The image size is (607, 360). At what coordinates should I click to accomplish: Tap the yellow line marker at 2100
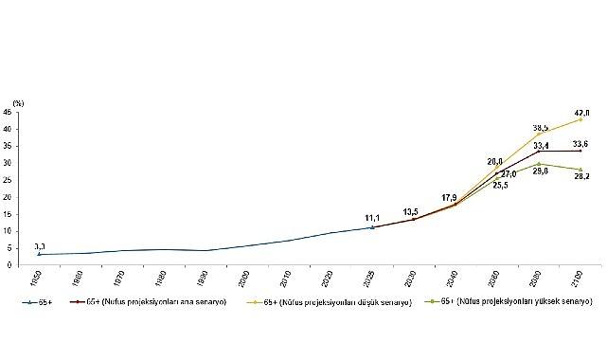[x=580, y=119]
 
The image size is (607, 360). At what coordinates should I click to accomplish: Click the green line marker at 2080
[x=539, y=164]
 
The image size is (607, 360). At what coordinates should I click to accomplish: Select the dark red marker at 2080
[x=539, y=151]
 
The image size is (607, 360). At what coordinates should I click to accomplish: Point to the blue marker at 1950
[x=38, y=254]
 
